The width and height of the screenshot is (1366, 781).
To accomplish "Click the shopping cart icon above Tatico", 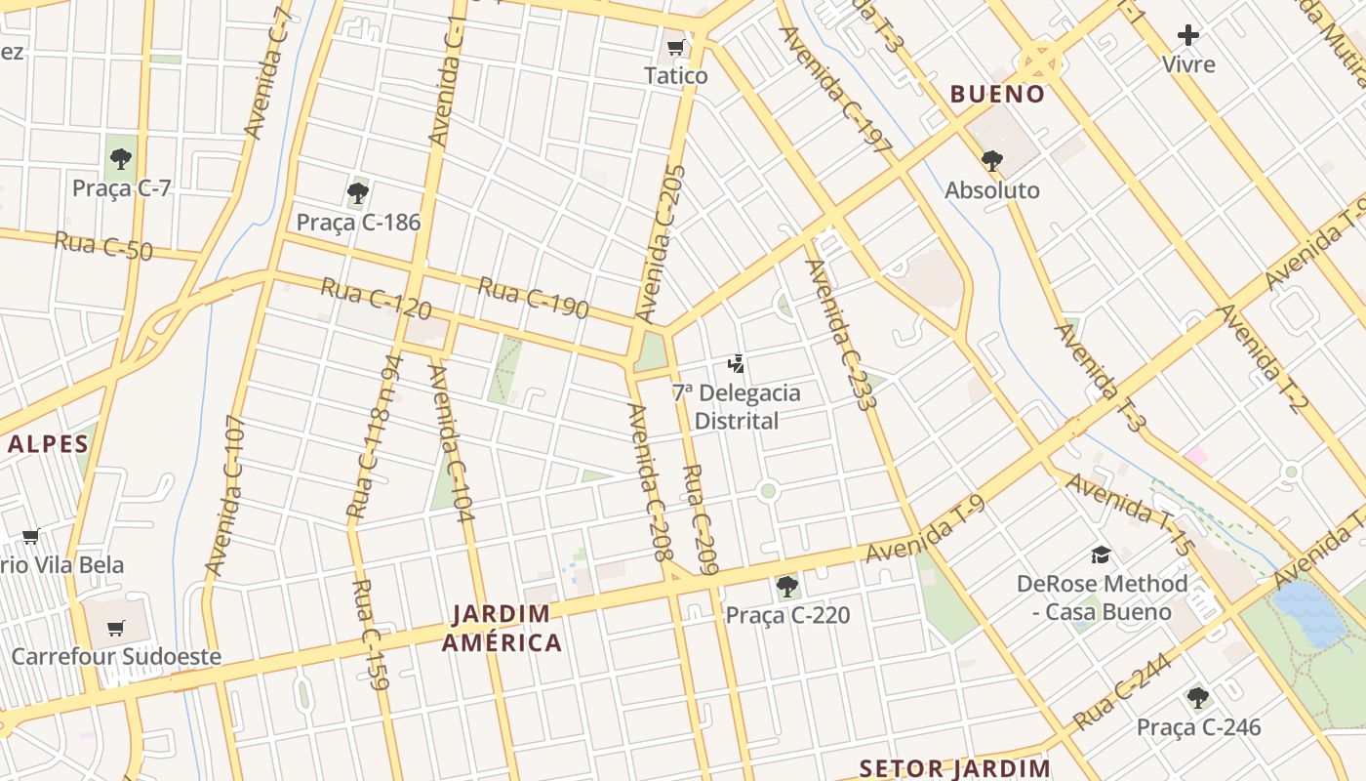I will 675,48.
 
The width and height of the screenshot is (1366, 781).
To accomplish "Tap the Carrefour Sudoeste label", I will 116,656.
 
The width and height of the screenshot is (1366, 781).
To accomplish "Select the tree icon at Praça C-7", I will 121,158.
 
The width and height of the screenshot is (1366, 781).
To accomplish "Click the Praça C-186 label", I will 358,222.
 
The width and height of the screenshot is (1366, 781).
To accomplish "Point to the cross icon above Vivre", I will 1187,36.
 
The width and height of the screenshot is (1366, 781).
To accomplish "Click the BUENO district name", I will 997,95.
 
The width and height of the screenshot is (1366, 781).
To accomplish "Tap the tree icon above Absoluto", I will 992,160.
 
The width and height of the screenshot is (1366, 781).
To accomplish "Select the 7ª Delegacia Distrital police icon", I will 737,364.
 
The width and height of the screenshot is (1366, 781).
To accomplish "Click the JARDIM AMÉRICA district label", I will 502,628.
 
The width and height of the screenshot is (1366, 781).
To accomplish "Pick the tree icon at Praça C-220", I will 786,586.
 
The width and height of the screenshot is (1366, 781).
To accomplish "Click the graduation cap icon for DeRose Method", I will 1102,555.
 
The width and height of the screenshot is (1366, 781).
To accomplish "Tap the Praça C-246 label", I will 1198,727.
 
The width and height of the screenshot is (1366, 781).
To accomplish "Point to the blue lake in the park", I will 1309,612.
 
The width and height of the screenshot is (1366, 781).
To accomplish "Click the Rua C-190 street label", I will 533,298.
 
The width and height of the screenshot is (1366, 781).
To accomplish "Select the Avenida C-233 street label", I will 840,334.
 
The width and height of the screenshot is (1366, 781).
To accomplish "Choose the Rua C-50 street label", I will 103,246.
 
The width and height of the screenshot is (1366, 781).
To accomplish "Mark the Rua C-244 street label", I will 1122,691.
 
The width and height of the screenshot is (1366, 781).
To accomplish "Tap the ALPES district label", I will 49,444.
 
